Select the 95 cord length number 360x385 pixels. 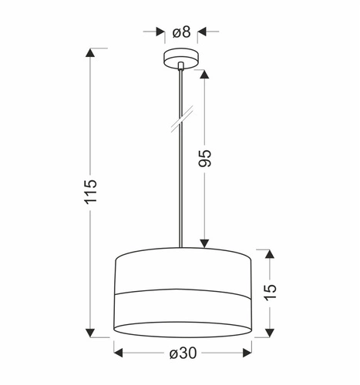coord(204,158)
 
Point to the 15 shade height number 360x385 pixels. coord(269,290)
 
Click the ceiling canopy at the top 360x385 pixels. coord(180,59)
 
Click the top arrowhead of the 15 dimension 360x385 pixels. coord(269,253)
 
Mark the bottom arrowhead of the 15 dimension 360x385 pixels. coord(269,333)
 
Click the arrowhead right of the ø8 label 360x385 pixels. coord(202,32)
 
